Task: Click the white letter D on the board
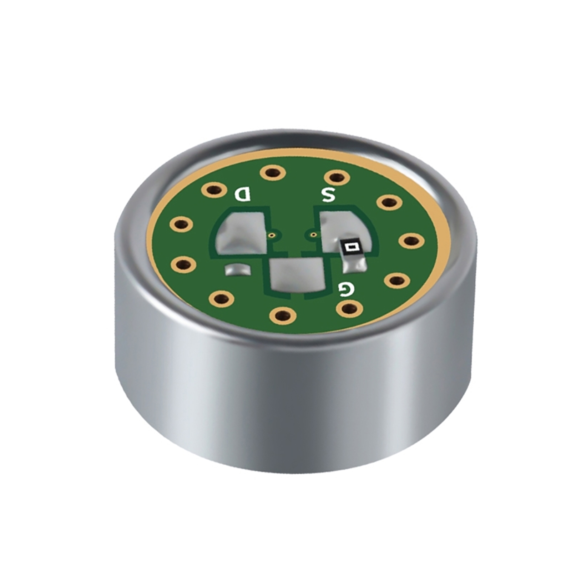coord(243,194)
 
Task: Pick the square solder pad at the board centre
coord(297,274)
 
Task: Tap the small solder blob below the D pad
coord(237,270)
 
